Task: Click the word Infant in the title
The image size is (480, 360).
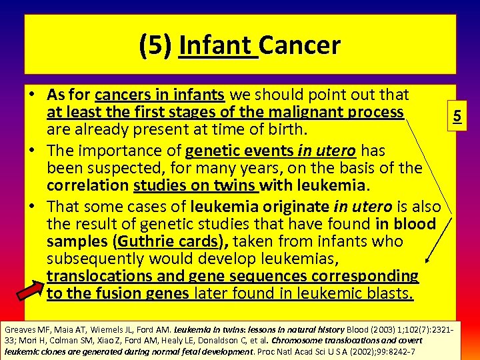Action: click(218, 45)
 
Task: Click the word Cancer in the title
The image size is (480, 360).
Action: click(300, 45)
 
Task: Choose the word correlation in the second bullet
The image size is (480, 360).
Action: click(89, 185)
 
